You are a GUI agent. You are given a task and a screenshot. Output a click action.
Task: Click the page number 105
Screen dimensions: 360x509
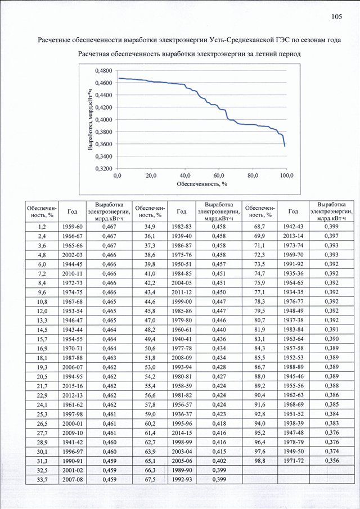[x=336, y=17]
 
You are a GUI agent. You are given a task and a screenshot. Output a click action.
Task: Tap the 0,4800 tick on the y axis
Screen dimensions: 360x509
[x=104, y=70]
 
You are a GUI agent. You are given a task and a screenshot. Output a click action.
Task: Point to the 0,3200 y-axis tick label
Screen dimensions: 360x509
[x=104, y=169]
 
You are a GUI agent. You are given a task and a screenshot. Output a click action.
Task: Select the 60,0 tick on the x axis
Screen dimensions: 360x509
[x=218, y=176]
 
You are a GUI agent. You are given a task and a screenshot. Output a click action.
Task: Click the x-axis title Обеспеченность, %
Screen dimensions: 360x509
[x=201, y=184]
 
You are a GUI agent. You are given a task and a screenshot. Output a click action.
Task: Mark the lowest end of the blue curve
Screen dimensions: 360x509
[x=285, y=146]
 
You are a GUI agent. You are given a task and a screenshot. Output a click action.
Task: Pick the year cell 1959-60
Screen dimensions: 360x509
[x=73, y=226]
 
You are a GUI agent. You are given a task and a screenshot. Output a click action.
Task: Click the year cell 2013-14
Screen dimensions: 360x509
[x=293, y=236]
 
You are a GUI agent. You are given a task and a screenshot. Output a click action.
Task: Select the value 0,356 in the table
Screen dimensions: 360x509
[x=331, y=461]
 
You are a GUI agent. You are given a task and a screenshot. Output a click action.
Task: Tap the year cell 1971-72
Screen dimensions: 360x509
[x=293, y=461]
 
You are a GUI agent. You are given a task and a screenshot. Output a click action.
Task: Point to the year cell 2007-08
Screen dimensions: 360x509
[x=73, y=479]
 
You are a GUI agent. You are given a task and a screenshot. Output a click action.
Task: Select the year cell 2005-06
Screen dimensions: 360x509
[x=182, y=461]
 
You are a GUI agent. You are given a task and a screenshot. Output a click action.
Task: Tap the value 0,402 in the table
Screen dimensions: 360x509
[x=219, y=461]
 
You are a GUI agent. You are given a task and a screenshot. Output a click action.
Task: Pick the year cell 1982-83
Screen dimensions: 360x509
[x=182, y=226]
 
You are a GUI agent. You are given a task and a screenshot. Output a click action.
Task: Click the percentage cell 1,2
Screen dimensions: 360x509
[x=42, y=226]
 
